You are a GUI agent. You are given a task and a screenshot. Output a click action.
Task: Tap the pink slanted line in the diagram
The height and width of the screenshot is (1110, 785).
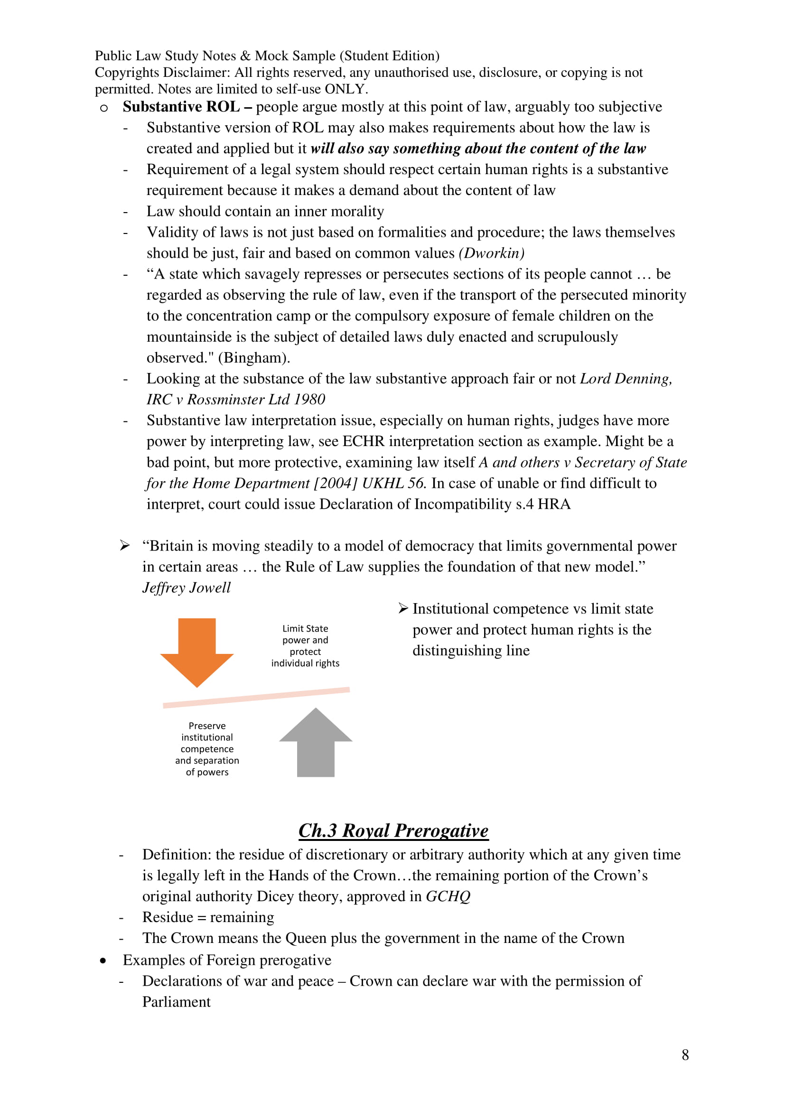pos(256,697)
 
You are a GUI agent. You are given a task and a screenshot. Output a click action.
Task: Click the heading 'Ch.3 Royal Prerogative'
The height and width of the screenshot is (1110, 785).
pos(393,830)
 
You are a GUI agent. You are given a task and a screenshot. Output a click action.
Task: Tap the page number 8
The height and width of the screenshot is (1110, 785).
pos(685,1054)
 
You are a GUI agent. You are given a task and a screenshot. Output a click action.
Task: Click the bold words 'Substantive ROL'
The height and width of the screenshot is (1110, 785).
pos(181,107)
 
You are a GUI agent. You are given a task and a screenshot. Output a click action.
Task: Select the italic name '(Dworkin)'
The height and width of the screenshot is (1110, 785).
pos(492,253)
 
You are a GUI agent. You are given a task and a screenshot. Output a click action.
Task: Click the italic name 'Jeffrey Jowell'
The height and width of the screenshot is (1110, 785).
pos(186,588)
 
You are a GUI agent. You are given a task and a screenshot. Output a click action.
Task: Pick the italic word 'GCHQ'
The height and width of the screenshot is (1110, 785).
pos(448,896)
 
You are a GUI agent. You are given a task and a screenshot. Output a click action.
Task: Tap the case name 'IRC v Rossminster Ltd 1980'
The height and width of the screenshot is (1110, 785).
pos(236,399)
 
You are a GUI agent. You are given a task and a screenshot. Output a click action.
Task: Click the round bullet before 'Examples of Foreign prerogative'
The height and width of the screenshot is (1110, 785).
pos(103,961)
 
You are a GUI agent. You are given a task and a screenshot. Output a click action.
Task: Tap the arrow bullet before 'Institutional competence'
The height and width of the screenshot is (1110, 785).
pos(403,608)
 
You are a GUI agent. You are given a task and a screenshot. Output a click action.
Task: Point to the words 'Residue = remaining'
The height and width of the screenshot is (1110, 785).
pos(208,917)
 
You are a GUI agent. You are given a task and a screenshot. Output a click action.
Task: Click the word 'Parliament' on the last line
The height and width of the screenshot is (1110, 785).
pos(177,1002)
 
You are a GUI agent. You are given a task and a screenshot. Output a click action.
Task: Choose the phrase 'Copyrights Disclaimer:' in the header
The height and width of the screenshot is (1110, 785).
pos(162,73)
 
